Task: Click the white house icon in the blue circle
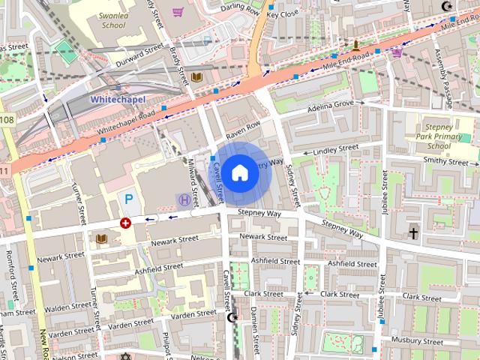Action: click(x=240, y=173)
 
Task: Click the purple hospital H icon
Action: click(x=184, y=199)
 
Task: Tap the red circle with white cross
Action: click(x=125, y=223)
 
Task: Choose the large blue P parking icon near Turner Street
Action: click(x=129, y=199)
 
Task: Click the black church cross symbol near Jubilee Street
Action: click(x=413, y=233)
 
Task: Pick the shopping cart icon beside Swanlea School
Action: click(x=178, y=12)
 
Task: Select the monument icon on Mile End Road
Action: click(x=355, y=45)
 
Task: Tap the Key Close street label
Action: click(x=283, y=13)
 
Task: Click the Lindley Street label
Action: click(x=336, y=150)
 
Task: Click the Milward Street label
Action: click(x=193, y=182)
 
